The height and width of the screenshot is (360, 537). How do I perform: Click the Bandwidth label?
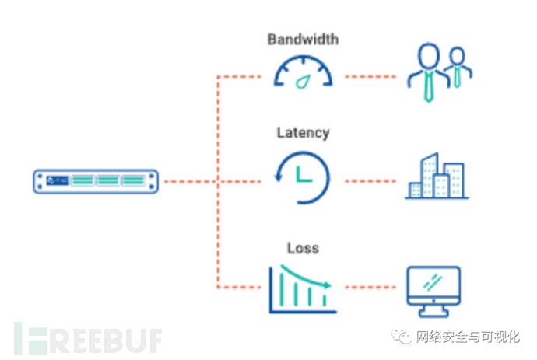(303, 38)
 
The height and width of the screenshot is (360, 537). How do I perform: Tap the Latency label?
(303, 132)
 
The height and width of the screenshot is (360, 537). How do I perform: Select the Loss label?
(303, 248)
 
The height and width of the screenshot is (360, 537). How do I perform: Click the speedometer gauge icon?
(303, 72)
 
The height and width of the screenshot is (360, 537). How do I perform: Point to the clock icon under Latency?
(303, 178)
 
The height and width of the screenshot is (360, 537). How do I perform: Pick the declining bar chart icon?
(302, 288)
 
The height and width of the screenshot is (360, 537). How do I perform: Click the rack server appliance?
(96, 181)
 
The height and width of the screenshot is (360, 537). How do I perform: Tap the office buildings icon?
(435, 178)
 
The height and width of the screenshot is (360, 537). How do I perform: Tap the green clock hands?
(304, 177)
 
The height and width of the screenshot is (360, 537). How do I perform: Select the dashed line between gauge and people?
(372, 77)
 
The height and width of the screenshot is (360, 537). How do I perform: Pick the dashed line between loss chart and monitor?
(372, 287)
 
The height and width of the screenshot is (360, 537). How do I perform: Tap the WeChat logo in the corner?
(402, 337)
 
